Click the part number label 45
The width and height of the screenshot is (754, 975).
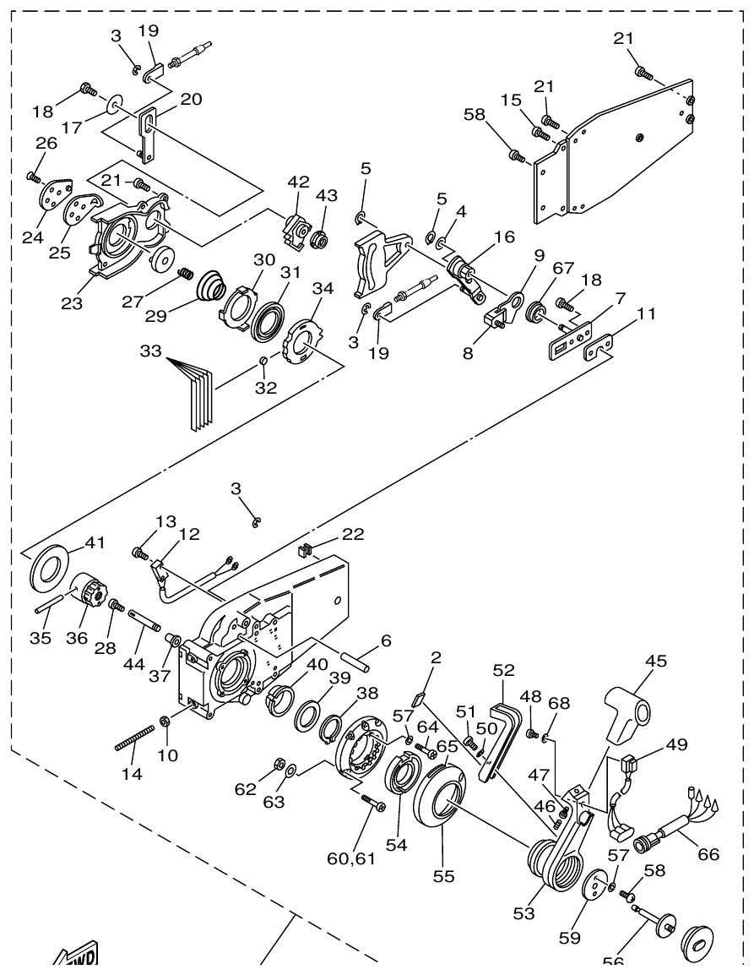pos(656,660)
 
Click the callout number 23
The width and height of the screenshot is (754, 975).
pos(72,302)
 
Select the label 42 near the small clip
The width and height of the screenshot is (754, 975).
pos(298,182)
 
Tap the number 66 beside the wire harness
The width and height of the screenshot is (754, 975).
pos(708,854)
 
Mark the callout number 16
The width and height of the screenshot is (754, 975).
pos(504,237)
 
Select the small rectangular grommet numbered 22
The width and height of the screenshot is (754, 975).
pos(306,552)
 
